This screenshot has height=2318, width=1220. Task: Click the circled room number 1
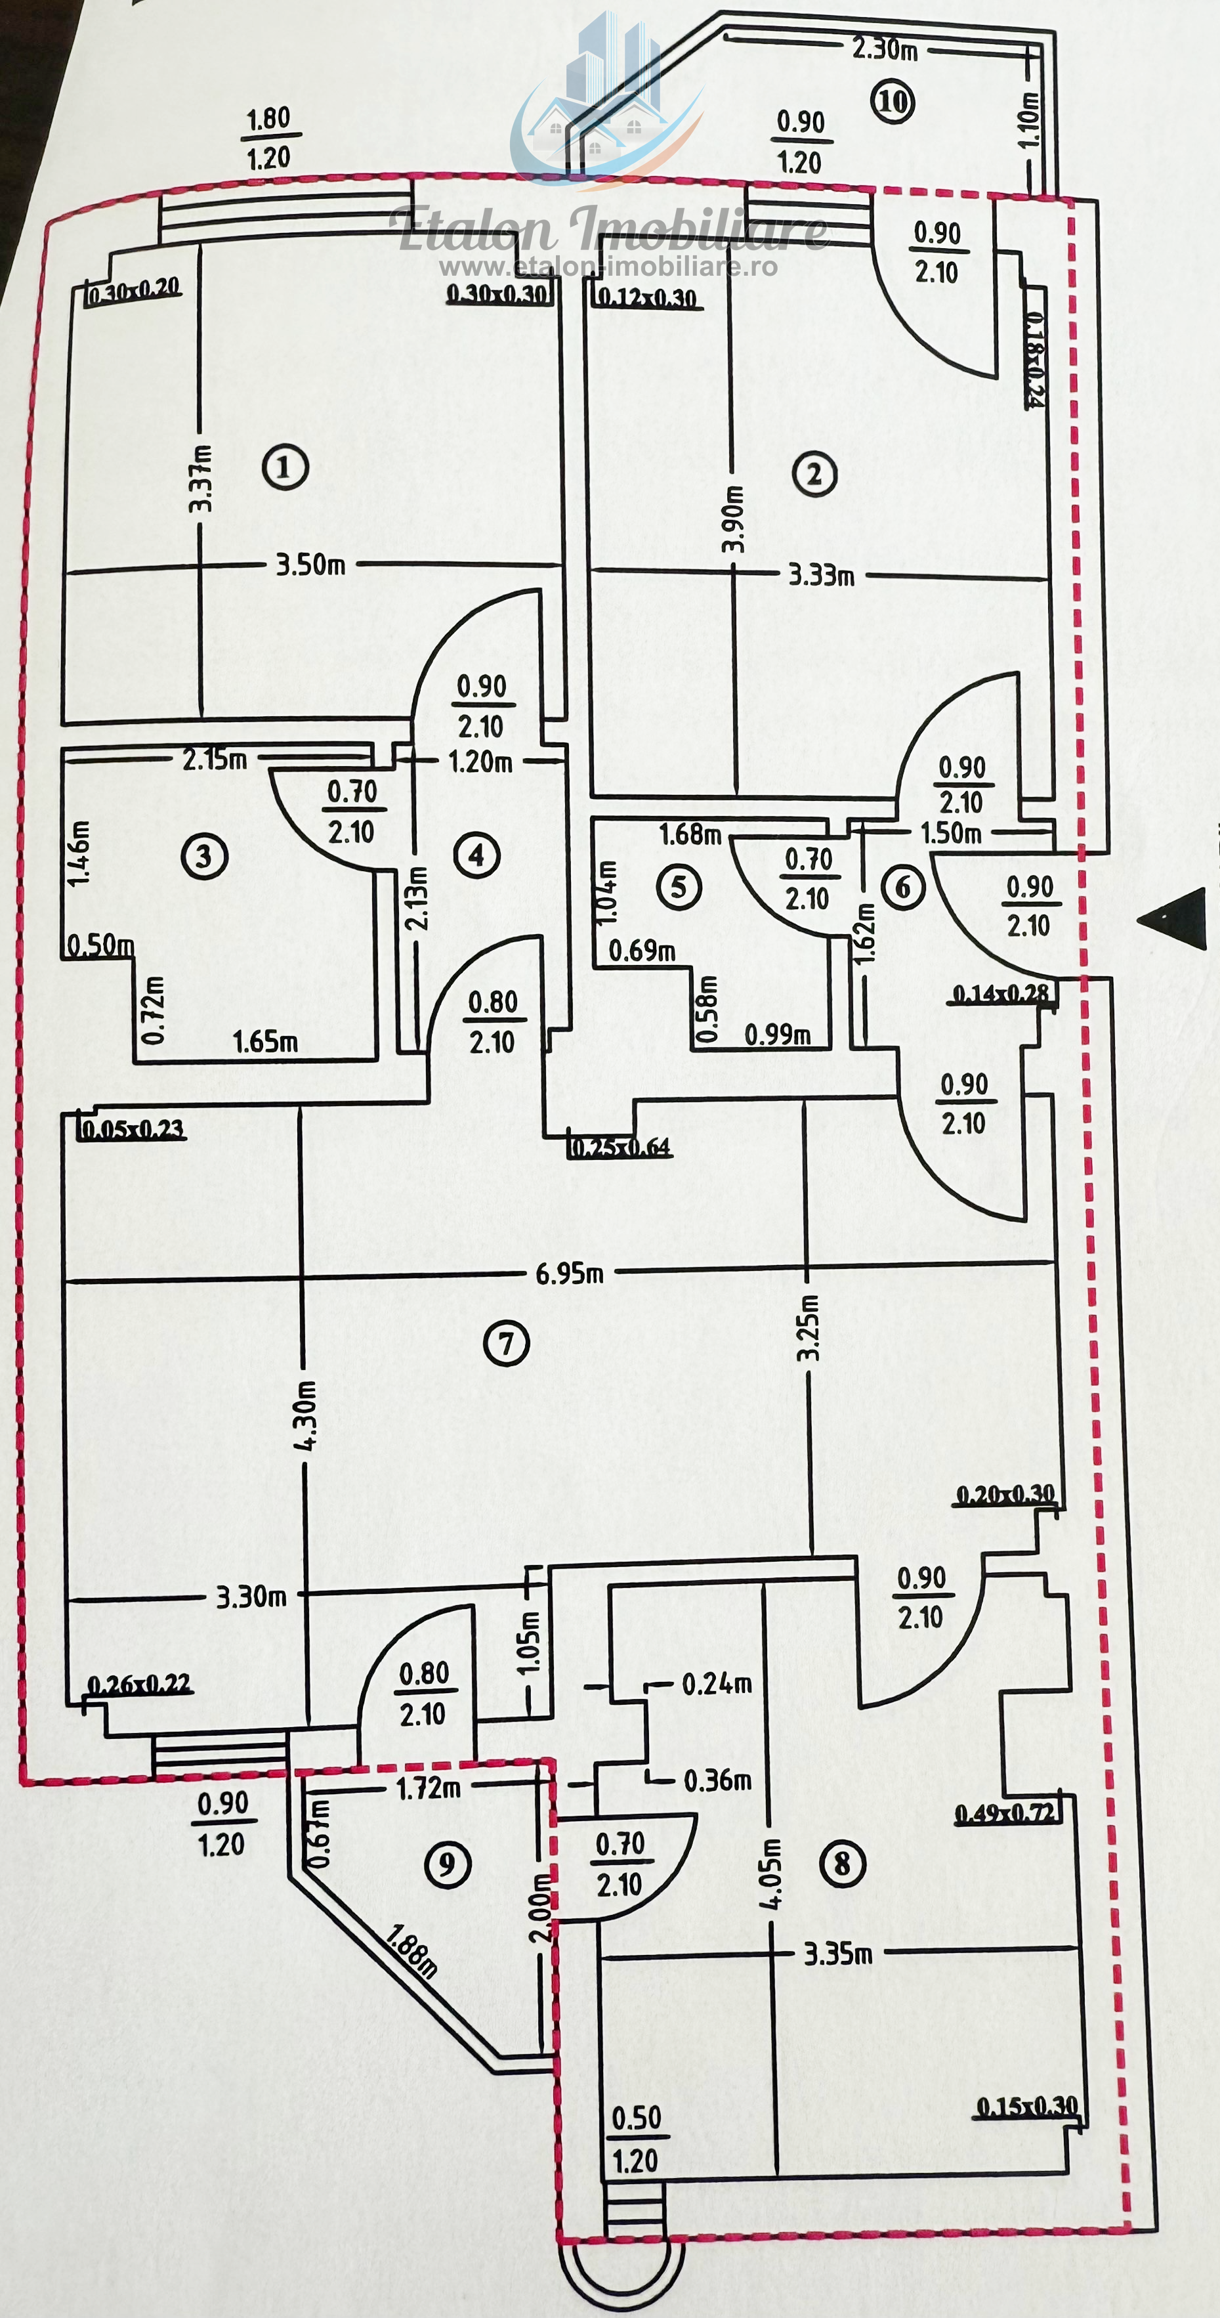tap(285, 467)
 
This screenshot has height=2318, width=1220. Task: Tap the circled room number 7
tap(507, 1343)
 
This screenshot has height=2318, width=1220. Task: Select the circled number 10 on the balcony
tap(892, 102)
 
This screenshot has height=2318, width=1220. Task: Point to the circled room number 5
tap(679, 886)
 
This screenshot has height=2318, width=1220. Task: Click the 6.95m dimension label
tap(570, 1274)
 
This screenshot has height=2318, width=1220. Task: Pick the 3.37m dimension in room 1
tap(201, 479)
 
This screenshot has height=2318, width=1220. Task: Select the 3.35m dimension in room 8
tap(837, 1954)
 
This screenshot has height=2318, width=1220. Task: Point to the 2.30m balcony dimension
tap(885, 49)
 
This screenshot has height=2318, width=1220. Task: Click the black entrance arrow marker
tap(1172, 918)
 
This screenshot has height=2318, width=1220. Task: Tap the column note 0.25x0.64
tap(621, 1146)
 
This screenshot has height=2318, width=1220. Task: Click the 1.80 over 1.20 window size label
tap(268, 138)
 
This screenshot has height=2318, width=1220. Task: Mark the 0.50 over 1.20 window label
tap(636, 2139)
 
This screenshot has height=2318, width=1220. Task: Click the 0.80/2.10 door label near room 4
tap(492, 1021)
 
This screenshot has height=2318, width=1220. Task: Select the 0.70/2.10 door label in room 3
tap(352, 811)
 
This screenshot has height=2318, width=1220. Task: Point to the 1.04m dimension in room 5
tap(607, 891)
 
